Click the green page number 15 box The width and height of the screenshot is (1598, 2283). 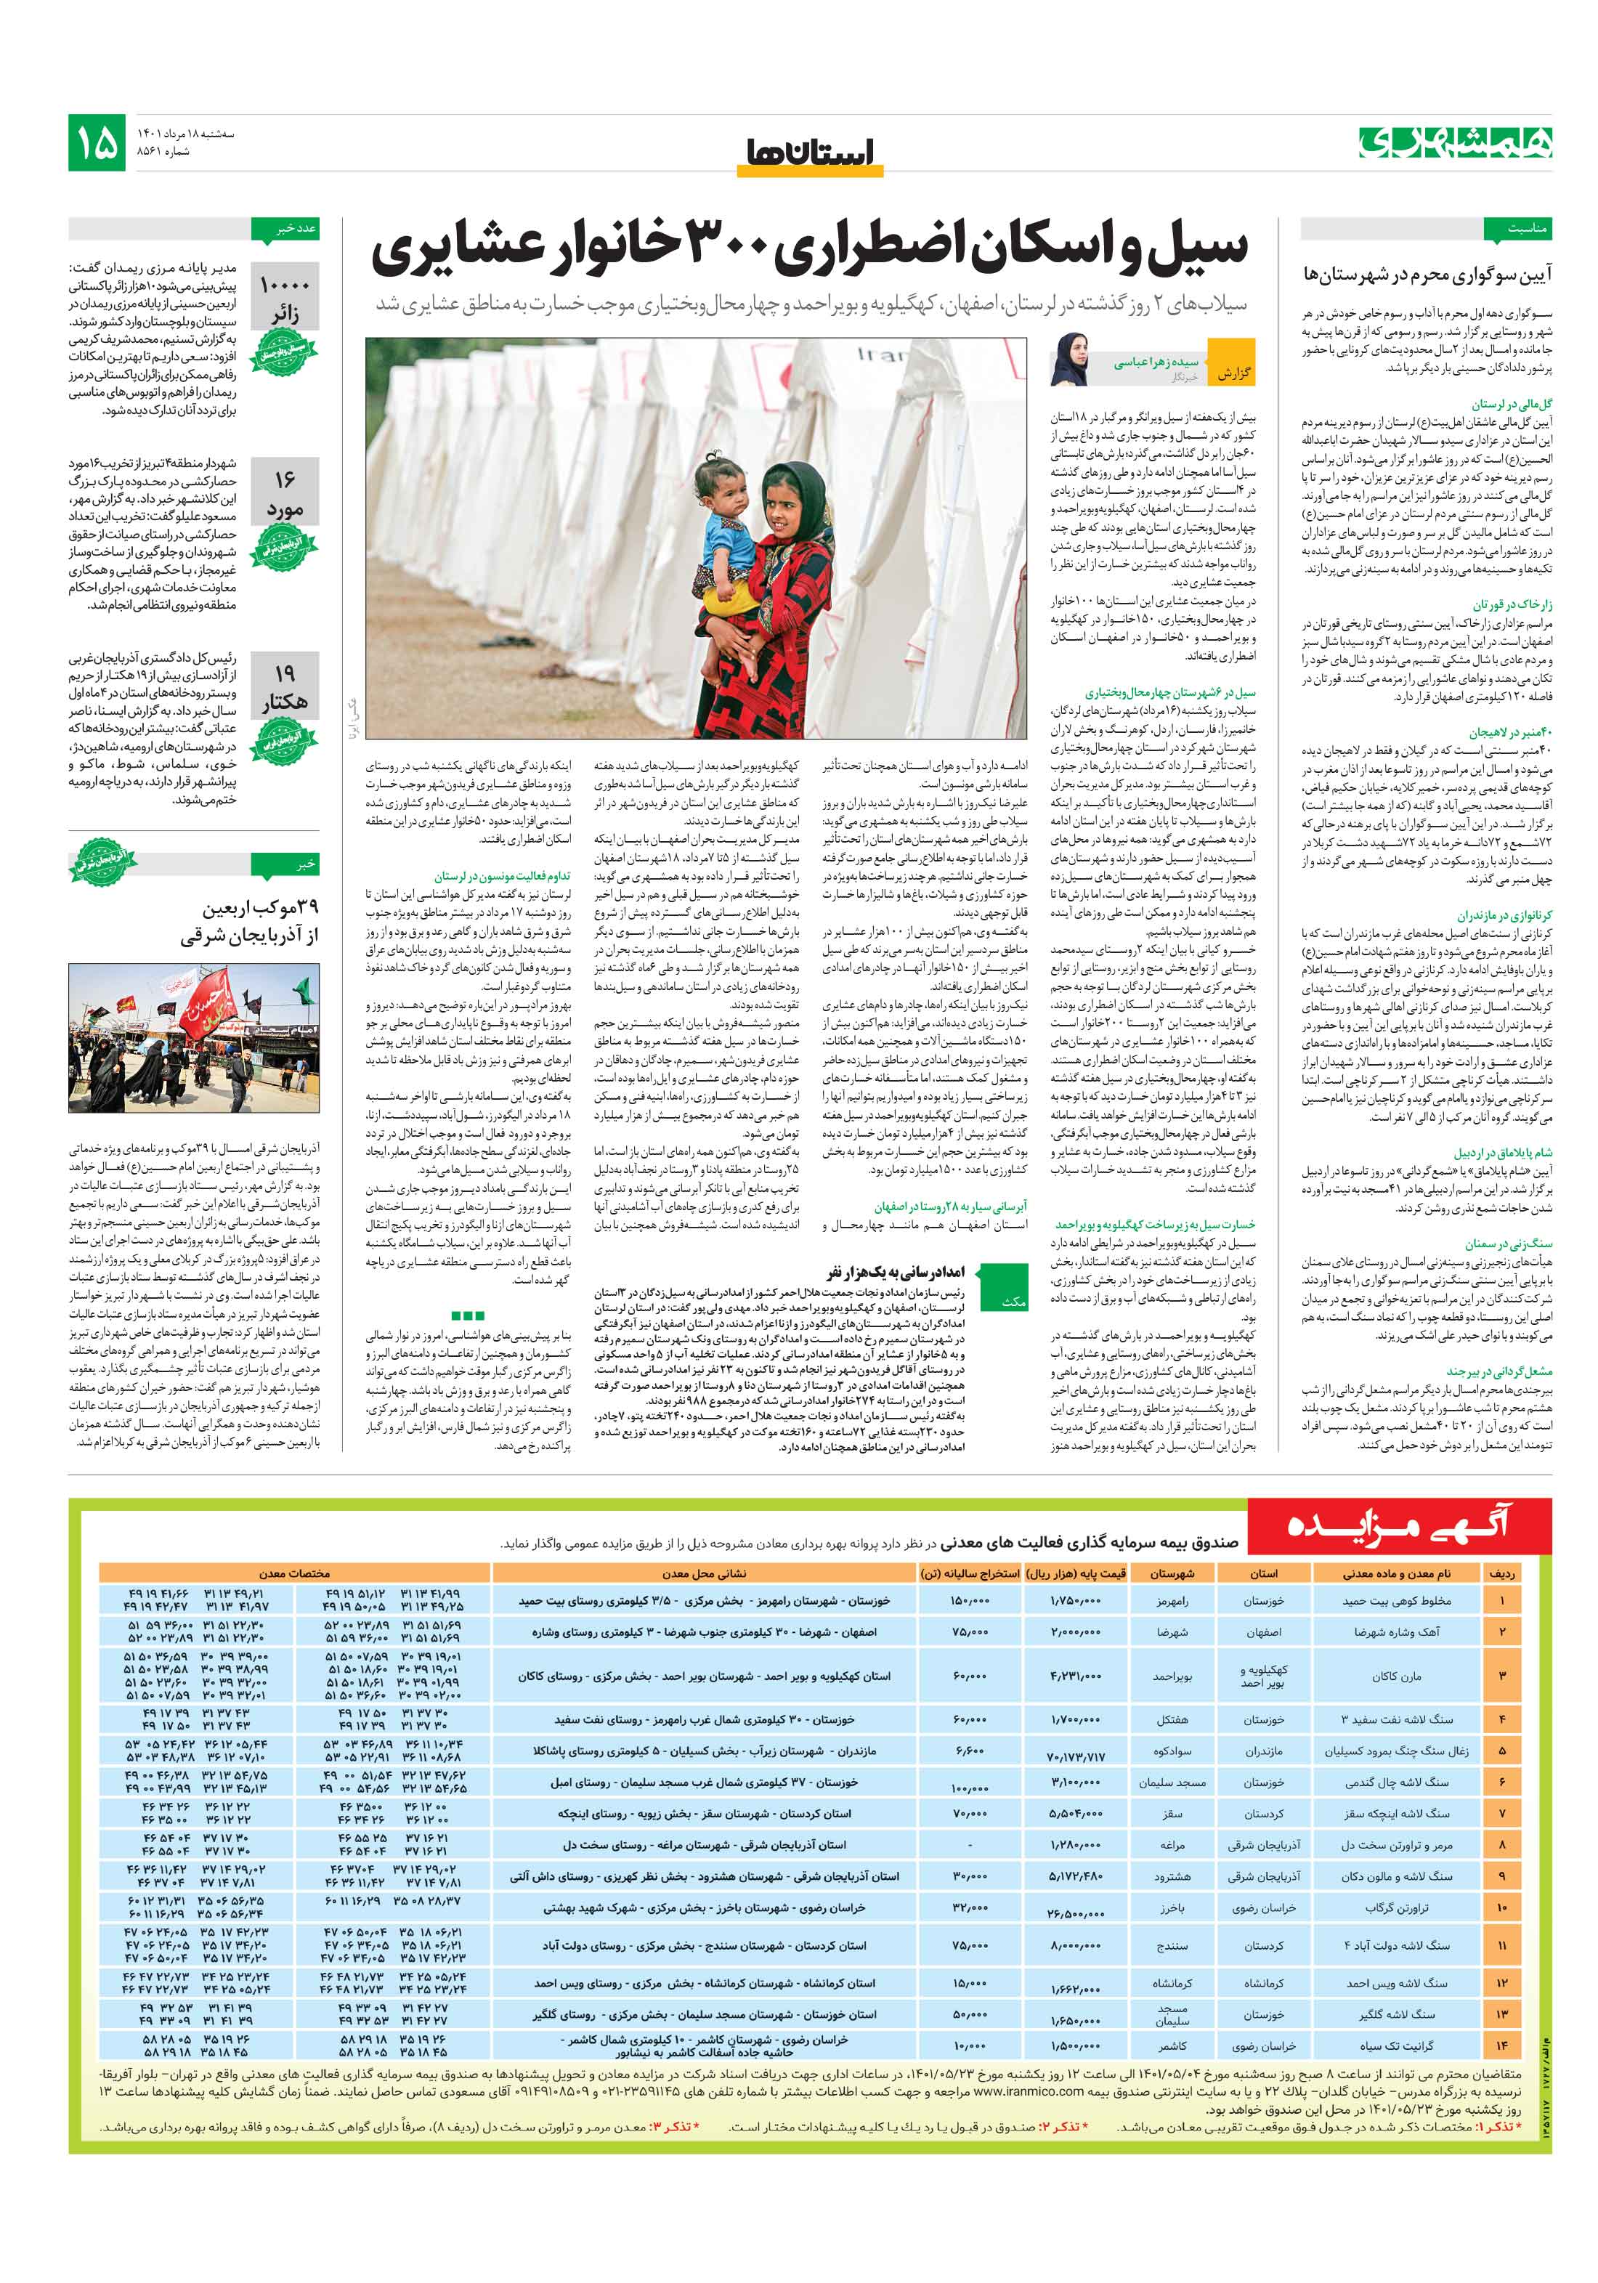pos(97,142)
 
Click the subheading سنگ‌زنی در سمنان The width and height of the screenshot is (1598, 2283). pos(1507,1244)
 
